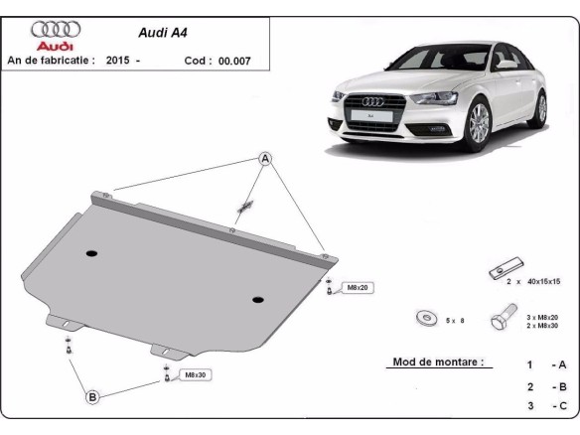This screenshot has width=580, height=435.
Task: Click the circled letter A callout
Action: click(265, 158)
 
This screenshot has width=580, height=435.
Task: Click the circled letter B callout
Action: click(92, 397)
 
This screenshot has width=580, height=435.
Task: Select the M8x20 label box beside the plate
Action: click(356, 288)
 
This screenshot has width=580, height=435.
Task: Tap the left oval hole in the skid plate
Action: click(91, 253)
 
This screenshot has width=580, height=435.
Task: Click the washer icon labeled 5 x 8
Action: click(426, 318)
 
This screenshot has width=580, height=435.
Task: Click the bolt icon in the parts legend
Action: click(500, 321)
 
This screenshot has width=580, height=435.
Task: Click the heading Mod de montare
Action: click(436, 362)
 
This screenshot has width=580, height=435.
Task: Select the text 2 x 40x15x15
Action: click(534, 282)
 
